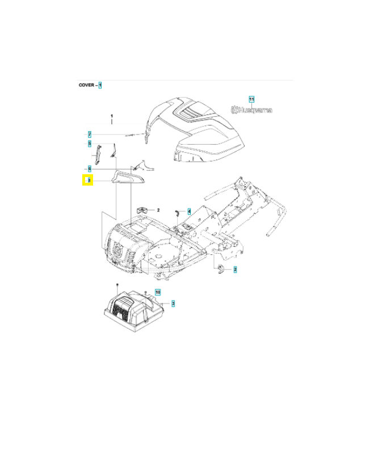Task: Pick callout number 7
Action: [x=90, y=134]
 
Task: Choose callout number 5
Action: [x=90, y=144]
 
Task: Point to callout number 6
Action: [x=90, y=169]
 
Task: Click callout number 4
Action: [x=189, y=211]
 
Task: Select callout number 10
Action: [x=158, y=292]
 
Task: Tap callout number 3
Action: [x=173, y=305]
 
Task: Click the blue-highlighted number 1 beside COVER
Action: [x=100, y=85]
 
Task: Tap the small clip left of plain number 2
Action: [x=142, y=209]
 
